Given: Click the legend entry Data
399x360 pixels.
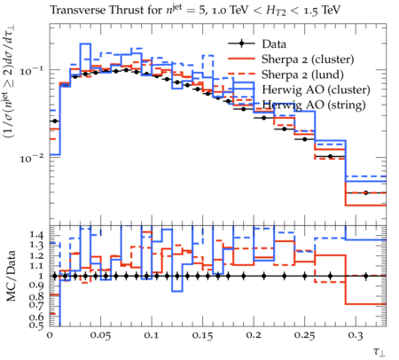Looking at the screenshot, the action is click(x=274, y=44).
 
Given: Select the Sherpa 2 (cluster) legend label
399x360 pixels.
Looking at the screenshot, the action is click(x=308, y=59).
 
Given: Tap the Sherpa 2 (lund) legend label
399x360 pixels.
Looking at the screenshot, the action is click(x=302, y=74).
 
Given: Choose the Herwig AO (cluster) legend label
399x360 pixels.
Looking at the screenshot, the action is click(x=316, y=90).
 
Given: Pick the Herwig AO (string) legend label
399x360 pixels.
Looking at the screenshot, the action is click(x=314, y=105).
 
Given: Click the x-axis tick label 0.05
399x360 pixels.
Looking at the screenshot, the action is click(x=101, y=336).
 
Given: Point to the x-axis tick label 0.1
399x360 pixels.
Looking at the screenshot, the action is click(x=152, y=336).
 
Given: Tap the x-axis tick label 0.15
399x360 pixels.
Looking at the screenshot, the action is click(x=203, y=336).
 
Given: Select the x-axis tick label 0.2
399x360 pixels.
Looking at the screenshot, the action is click(x=254, y=336).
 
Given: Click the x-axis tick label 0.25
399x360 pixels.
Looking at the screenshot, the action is click(x=305, y=336).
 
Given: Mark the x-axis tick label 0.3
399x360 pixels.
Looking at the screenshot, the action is click(x=356, y=336).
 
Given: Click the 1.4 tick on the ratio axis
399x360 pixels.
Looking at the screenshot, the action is click(x=35, y=235).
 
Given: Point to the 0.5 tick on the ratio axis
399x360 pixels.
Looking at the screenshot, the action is click(x=35, y=325).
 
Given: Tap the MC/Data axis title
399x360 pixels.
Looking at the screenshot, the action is click(x=12, y=276).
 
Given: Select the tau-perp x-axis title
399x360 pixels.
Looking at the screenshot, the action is click(x=379, y=352).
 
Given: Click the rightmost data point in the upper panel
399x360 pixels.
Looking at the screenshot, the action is click(x=366, y=192).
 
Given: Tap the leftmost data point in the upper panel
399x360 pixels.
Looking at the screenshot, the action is click(x=55, y=121).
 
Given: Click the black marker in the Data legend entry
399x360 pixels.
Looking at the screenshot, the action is click(x=241, y=44).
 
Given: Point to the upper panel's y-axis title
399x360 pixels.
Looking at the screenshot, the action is click(x=10, y=82).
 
